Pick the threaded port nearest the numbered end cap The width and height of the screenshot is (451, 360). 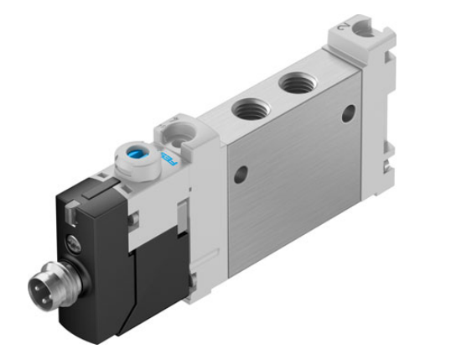tap(295, 82)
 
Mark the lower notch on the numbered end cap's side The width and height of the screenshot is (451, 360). tap(387, 152)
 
